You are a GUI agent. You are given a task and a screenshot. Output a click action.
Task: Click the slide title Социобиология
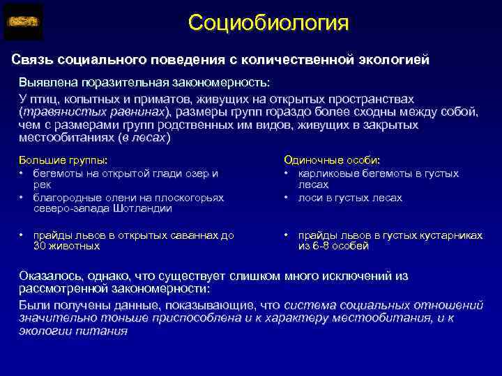268,23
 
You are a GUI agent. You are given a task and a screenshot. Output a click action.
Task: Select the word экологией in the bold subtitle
395,59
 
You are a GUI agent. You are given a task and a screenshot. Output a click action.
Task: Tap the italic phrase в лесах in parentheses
147,137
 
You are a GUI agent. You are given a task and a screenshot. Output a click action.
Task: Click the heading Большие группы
63,159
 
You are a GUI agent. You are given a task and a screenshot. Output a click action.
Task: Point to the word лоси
310,198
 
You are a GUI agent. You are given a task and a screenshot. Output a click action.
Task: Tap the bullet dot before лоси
287,198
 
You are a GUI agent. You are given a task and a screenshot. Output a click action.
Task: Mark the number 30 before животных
40,246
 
